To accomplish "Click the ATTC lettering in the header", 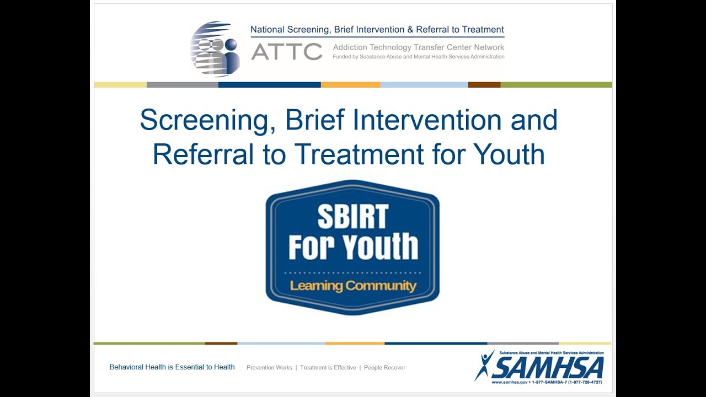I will click(286, 52).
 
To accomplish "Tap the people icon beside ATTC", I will click(215, 49).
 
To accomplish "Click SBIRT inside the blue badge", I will click(352, 217).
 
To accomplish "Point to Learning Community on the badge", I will click(353, 286).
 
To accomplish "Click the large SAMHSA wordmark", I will click(548, 367).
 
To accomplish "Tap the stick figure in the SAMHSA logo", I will click(485, 364).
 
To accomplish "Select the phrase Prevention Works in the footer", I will click(269, 368).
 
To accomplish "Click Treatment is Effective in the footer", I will click(328, 368).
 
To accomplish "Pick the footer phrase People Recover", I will click(384, 368).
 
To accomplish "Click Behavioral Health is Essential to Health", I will click(172, 367).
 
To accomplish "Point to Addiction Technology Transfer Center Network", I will click(418, 48).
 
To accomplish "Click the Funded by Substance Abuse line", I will click(418, 57).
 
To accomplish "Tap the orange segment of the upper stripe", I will click(350, 85).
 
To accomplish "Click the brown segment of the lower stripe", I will click(221, 344).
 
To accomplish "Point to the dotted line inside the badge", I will click(352, 273).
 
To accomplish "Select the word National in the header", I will click(268, 30).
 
